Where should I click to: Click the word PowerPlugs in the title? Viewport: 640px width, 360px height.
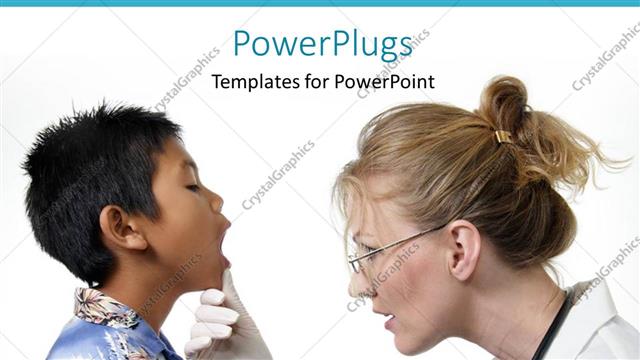click(x=323, y=45)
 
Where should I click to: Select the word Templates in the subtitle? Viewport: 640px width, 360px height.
click(x=252, y=82)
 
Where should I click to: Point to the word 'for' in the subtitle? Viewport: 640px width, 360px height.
click(x=320, y=82)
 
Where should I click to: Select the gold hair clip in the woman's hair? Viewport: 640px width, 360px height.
click(x=502, y=137)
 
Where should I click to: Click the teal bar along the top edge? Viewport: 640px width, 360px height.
click(x=320, y=3)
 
